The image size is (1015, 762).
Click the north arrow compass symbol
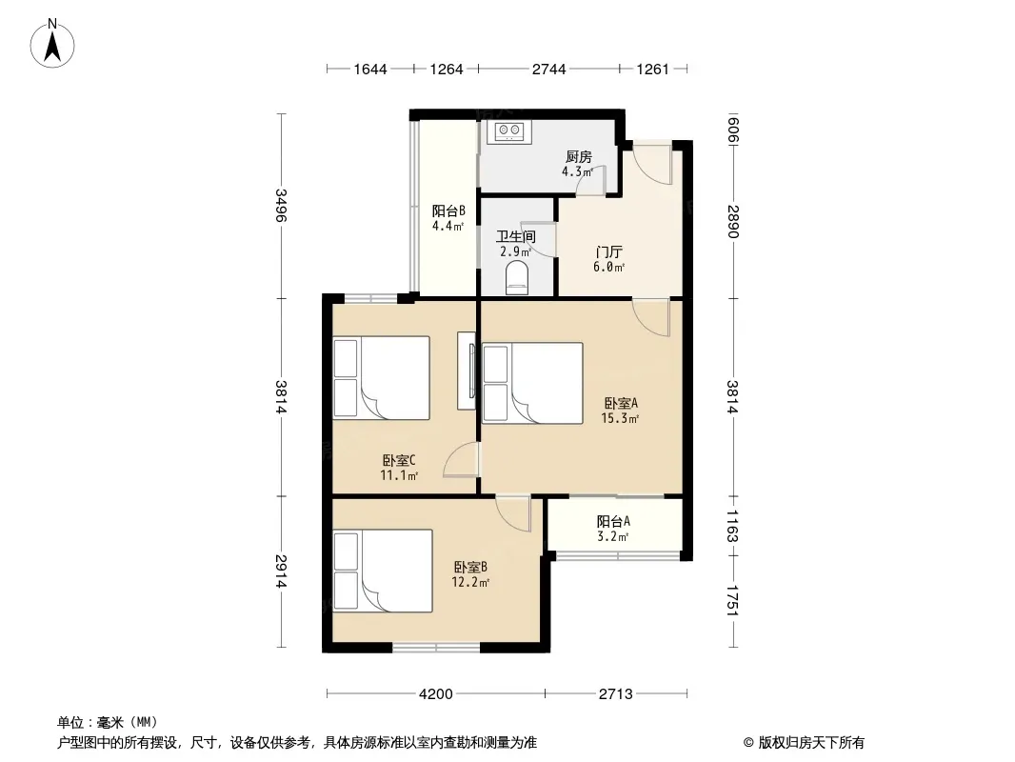click(x=52, y=44)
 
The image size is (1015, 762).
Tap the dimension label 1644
click(x=370, y=70)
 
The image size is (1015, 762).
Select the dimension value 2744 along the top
click(x=549, y=70)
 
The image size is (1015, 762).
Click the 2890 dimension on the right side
click(x=733, y=221)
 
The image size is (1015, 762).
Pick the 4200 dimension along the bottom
click(x=436, y=694)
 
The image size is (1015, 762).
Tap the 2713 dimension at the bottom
click(x=615, y=694)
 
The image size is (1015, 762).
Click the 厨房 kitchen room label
click(x=579, y=156)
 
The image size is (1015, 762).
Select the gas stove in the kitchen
click(x=509, y=131)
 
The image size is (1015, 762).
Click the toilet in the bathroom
click(x=517, y=278)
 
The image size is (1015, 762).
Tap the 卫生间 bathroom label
click(x=516, y=236)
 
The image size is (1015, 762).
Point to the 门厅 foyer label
click(x=608, y=251)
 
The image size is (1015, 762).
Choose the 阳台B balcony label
click(x=448, y=211)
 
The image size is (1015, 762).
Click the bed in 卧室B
click(x=382, y=571)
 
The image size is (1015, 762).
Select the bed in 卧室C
click(x=381, y=378)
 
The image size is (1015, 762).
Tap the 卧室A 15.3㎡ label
click(x=620, y=411)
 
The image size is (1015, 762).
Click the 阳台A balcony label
click(x=613, y=521)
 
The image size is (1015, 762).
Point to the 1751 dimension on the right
click(x=733, y=601)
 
